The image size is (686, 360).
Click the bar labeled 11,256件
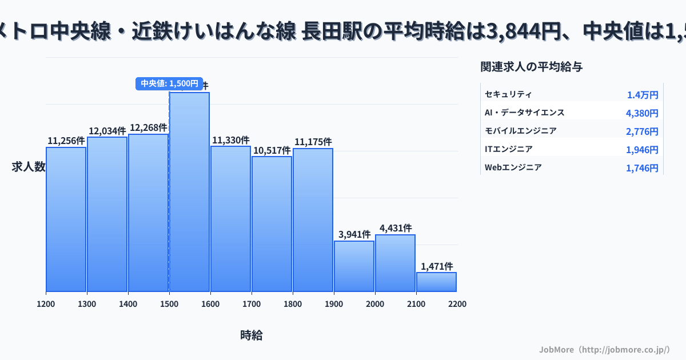(x=66, y=219)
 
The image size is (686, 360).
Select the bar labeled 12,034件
(x=107, y=214)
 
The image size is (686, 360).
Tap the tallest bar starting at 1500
(x=189, y=192)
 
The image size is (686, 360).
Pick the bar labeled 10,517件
(x=272, y=224)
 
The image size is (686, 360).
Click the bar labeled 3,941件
(x=354, y=266)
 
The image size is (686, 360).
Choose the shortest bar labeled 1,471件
(x=436, y=282)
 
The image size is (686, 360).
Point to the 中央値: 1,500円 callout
(x=169, y=83)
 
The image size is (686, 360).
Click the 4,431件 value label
(x=396, y=228)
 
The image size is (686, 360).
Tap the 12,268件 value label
(x=149, y=127)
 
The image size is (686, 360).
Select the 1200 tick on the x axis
(x=46, y=304)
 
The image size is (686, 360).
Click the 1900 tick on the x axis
(x=334, y=304)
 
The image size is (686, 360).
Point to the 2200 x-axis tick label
(x=457, y=304)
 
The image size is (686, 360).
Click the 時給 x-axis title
(x=252, y=335)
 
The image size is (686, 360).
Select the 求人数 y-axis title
(x=29, y=167)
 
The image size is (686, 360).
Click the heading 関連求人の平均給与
(x=532, y=67)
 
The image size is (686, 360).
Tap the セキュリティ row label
(x=508, y=94)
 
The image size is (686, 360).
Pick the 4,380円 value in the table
(x=642, y=113)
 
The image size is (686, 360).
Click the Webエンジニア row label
(x=513, y=167)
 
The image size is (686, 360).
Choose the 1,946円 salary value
(x=642, y=150)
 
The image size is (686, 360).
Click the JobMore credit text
(x=604, y=349)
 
